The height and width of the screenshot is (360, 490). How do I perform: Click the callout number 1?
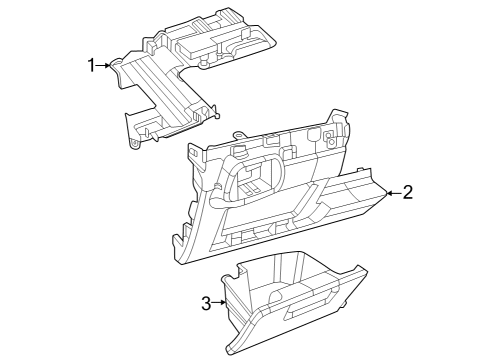(x=91, y=65)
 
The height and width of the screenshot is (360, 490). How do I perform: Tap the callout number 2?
(x=408, y=192)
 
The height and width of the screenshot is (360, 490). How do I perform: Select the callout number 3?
(x=206, y=303)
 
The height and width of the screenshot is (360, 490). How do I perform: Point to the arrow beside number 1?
(x=103, y=65)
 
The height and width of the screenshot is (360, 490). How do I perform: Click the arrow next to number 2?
(x=394, y=193)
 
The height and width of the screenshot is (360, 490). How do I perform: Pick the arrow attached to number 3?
(x=219, y=302)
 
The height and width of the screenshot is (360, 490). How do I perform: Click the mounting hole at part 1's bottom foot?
(x=135, y=144)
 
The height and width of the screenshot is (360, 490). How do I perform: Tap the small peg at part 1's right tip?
(x=217, y=115)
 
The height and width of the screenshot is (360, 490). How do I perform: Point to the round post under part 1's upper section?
(x=203, y=63)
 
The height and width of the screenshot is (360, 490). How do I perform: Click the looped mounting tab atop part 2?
(x=239, y=135)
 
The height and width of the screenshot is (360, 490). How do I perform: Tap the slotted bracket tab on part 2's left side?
(x=196, y=154)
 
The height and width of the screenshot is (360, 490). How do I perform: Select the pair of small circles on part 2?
(x=331, y=138)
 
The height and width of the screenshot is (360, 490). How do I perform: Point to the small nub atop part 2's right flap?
(x=360, y=169)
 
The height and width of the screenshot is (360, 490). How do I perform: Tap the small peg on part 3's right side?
(x=343, y=304)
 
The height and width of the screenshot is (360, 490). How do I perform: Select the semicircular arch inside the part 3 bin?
(x=279, y=295)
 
